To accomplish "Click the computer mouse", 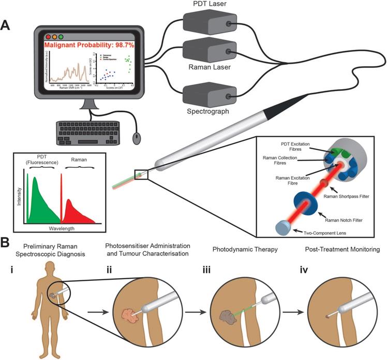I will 136,138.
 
